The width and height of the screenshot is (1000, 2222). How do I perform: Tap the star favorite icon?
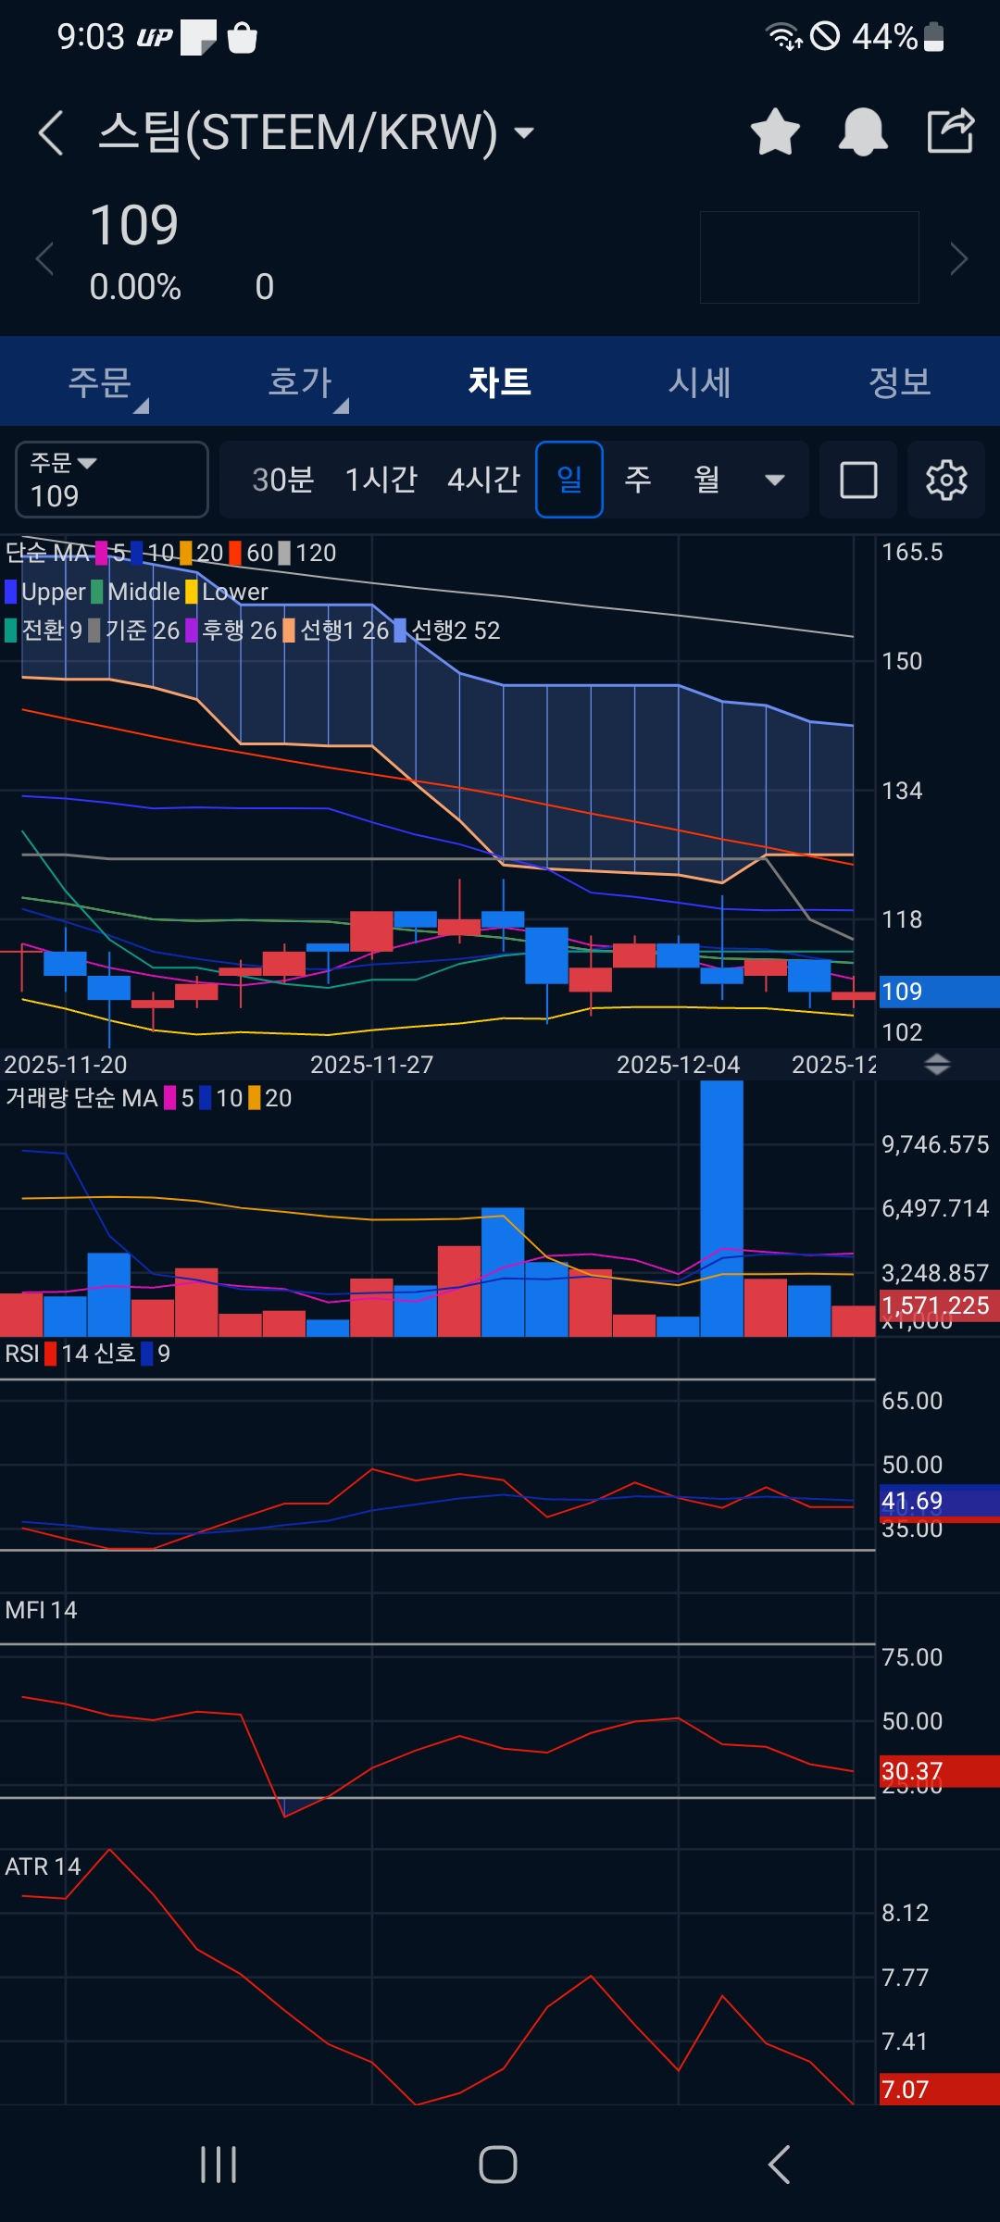click(775, 131)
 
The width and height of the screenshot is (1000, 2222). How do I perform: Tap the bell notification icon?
click(863, 131)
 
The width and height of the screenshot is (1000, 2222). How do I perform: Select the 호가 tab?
click(300, 382)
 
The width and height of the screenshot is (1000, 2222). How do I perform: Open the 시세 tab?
click(700, 382)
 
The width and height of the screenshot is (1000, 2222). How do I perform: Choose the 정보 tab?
click(899, 382)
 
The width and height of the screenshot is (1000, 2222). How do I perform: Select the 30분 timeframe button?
click(283, 480)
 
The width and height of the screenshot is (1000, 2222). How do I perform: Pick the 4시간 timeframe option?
click(483, 480)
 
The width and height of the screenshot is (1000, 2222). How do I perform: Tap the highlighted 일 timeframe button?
click(569, 480)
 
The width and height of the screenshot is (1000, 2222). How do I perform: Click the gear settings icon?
click(946, 480)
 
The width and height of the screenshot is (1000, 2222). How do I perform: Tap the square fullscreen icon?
click(858, 480)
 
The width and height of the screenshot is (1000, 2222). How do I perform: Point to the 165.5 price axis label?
click(912, 553)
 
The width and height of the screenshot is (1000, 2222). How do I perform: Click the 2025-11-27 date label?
click(371, 1065)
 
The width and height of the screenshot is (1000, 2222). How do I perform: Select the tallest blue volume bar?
click(721, 1208)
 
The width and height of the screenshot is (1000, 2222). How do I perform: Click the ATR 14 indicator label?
click(43, 1866)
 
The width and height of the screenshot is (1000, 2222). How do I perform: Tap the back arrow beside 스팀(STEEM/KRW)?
click(51, 132)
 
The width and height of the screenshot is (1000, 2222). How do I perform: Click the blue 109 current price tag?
click(937, 992)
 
